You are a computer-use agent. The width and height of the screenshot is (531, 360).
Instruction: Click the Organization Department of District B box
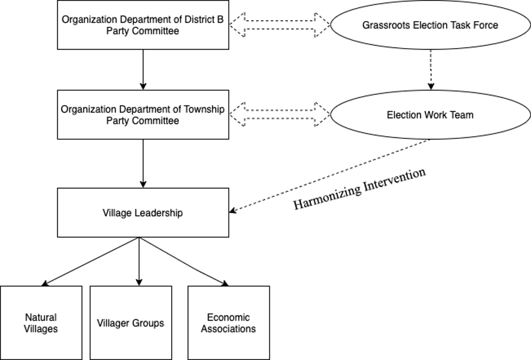[143, 25]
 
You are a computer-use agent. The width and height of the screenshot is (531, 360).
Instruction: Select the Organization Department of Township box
[143, 114]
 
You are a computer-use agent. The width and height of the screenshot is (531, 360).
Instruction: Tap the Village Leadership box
[143, 212]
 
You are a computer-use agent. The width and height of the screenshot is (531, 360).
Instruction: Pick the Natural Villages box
[41, 322]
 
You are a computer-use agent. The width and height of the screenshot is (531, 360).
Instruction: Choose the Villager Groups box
[131, 322]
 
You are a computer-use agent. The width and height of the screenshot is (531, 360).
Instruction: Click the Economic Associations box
[229, 322]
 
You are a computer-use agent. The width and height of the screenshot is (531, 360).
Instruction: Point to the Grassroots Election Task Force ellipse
[430, 26]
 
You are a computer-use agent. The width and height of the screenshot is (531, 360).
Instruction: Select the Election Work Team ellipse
[430, 115]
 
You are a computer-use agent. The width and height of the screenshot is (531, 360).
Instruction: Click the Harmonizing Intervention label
[360, 188]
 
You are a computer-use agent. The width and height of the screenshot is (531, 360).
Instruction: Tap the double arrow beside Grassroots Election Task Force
[280, 25]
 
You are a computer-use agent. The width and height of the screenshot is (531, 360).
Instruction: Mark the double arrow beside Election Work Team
[280, 114]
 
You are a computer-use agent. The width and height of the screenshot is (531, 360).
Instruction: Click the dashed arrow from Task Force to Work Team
[430, 69]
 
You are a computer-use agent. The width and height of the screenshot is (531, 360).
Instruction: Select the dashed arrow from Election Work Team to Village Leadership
[331, 175]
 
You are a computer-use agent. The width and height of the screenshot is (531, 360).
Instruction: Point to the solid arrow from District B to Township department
[143, 69]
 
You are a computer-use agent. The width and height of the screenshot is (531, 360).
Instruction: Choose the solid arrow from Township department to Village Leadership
[143, 162]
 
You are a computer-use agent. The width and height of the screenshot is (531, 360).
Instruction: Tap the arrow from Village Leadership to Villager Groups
[139, 261]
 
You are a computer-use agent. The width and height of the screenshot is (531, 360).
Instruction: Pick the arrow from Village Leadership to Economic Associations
[182, 261]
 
